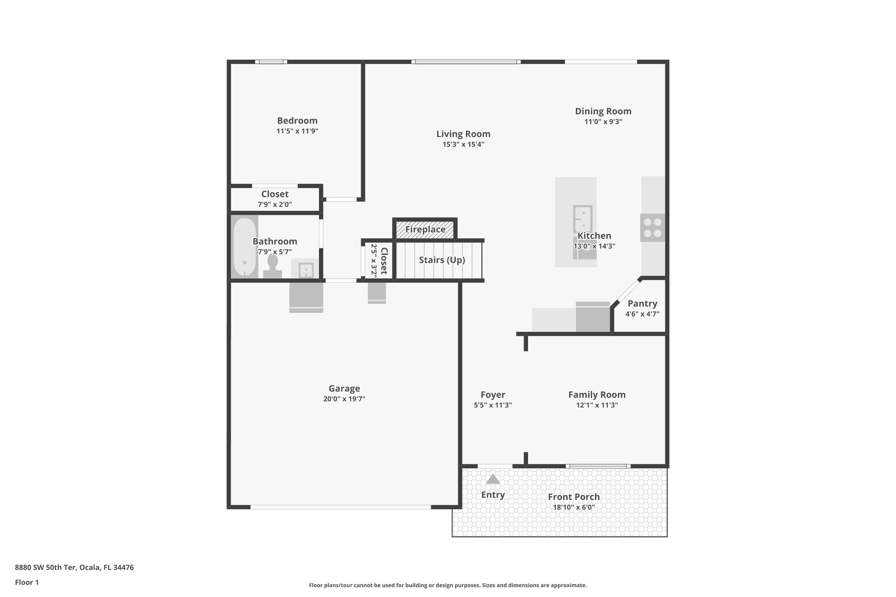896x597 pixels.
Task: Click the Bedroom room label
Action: [x=297, y=121]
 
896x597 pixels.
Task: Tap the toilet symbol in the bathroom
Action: [x=273, y=266]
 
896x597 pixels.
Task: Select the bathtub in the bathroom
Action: [x=244, y=247]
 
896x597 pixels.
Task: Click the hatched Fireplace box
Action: [x=425, y=230]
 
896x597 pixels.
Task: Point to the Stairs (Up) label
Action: [x=442, y=260]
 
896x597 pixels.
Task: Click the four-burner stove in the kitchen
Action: [x=652, y=228]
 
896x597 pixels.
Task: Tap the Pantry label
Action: [x=642, y=304]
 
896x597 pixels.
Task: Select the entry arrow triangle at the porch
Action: [x=493, y=479]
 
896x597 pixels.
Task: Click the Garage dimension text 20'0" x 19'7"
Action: [x=344, y=399]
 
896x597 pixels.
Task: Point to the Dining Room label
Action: [x=603, y=112]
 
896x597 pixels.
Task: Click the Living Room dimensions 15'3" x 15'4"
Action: [x=463, y=145]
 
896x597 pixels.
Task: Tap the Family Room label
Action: [x=597, y=395]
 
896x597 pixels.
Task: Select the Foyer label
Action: [x=493, y=395]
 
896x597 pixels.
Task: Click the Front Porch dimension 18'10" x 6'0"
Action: [x=574, y=508]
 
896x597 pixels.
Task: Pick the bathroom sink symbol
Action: [x=306, y=270]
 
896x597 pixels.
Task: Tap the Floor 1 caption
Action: [x=27, y=583]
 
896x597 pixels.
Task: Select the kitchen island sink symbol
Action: [x=583, y=219]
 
